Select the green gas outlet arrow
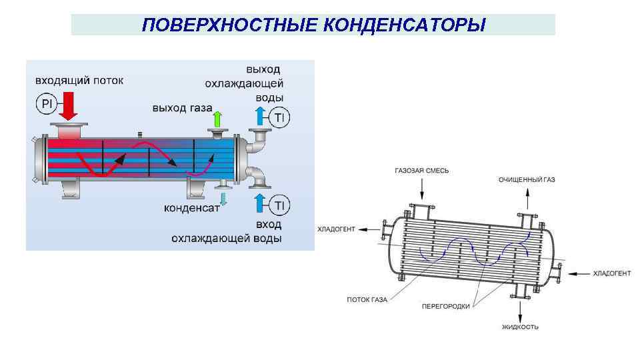[216, 120]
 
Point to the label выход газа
[182, 107]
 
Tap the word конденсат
[192, 207]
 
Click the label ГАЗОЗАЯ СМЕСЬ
[422, 171]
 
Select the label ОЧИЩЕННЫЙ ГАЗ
[527, 179]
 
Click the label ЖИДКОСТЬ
[521, 327]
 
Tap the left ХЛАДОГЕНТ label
[337, 229]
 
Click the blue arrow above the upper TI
[260, 117]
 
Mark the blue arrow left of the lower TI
[260, 204]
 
